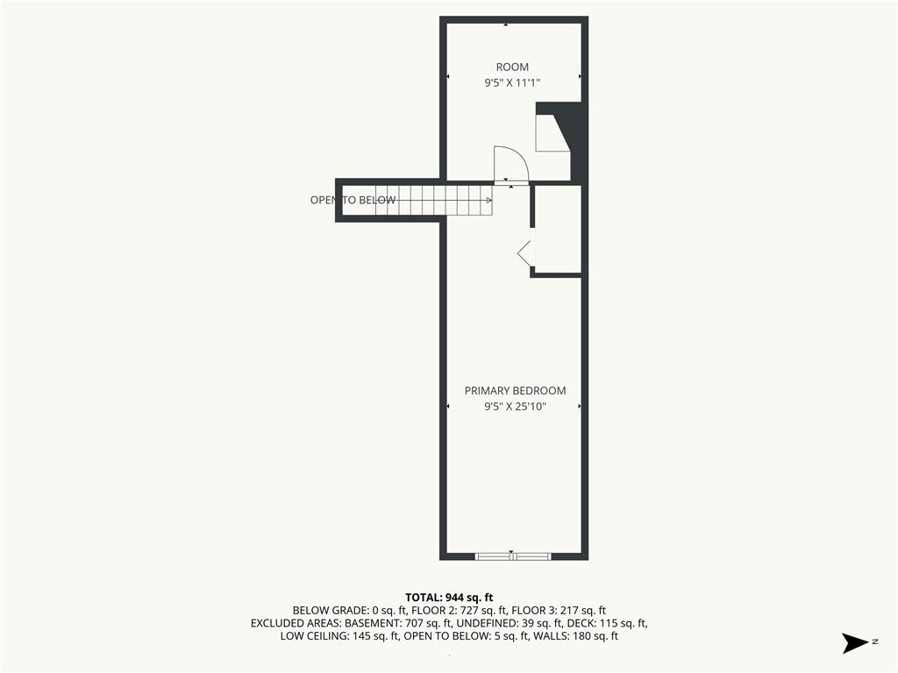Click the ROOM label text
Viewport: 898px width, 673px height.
pyautogui.click(x=512, y=67)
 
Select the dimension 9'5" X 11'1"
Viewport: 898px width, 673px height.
pyautogui.click(x=512, y=83)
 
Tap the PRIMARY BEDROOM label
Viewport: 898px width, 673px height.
pyautogui.click(x=515, y=391)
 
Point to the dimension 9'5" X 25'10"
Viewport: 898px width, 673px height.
pyautogui.click(x=515, y=407)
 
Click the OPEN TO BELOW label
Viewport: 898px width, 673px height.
pyautogui.click(x=353, y=201)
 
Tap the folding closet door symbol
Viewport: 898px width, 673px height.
pyautogui.click(x=524, y=252)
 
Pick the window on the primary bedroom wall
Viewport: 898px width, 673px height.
pyautogui.click(x=512, y=556)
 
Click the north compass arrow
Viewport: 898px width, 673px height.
pyautogui.click(x=854, y=642)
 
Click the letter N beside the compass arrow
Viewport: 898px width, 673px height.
pyautogui.click(x=875, y=641)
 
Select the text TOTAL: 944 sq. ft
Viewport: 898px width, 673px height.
pyautogui.click(x=449, y=598)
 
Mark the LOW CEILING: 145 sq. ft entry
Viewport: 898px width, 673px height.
pyautogui.click(x=339, y=636)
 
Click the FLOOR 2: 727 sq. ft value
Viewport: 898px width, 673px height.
pyautogui.click(x=459, y=611)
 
